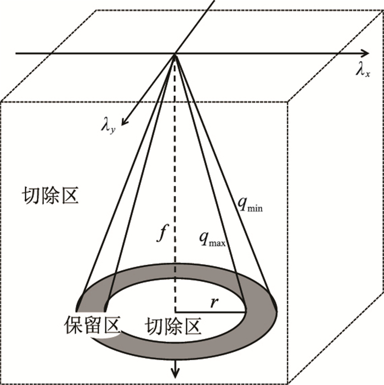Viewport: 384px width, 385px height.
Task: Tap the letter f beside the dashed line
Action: click(161, 235)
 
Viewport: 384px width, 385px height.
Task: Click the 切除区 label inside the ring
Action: click(173, 327)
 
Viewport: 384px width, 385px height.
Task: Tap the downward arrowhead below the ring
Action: click(176, 373)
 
